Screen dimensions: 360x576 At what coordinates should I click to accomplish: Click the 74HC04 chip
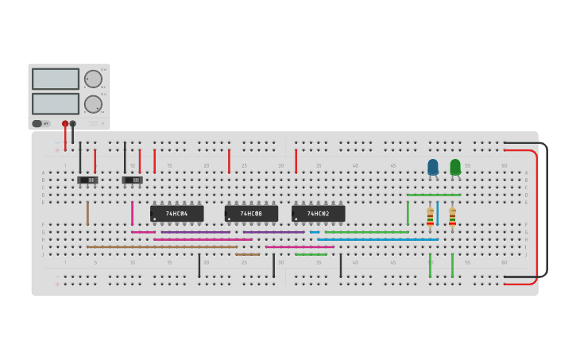pos(176,214)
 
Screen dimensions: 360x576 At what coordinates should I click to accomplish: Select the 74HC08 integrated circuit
pos(251,214)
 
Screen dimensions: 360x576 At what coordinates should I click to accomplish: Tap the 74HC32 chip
pos(318,214)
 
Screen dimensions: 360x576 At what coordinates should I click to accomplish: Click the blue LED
pos(433,167)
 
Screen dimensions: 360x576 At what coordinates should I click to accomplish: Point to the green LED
pos(455,167)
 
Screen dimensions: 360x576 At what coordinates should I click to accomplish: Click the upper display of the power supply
pos(56,79)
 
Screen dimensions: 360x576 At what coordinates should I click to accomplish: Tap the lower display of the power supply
pos(56,104)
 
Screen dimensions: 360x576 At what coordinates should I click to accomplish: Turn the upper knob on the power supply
pos(93,79)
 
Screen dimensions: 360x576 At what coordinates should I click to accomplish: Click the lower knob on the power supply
pos(93,104)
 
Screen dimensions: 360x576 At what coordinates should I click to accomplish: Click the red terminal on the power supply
pos(65,124)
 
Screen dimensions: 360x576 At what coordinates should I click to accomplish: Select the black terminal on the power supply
pos(73,124)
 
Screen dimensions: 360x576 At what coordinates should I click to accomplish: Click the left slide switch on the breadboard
pos(87,180)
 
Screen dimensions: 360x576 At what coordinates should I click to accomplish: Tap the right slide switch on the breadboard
pos(132,180)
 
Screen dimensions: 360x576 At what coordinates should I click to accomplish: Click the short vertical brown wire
pos(87,213)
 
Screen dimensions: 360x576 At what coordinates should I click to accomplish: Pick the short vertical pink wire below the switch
pos(132,213)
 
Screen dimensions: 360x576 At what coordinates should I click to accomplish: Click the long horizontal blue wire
pos(377,239)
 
